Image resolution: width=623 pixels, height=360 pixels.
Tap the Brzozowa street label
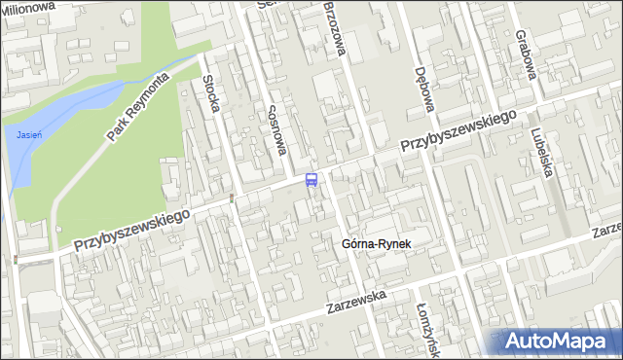(336, 28)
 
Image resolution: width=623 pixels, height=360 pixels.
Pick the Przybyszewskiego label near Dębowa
(457, 131)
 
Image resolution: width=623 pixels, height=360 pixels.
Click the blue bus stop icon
(311, 179)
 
